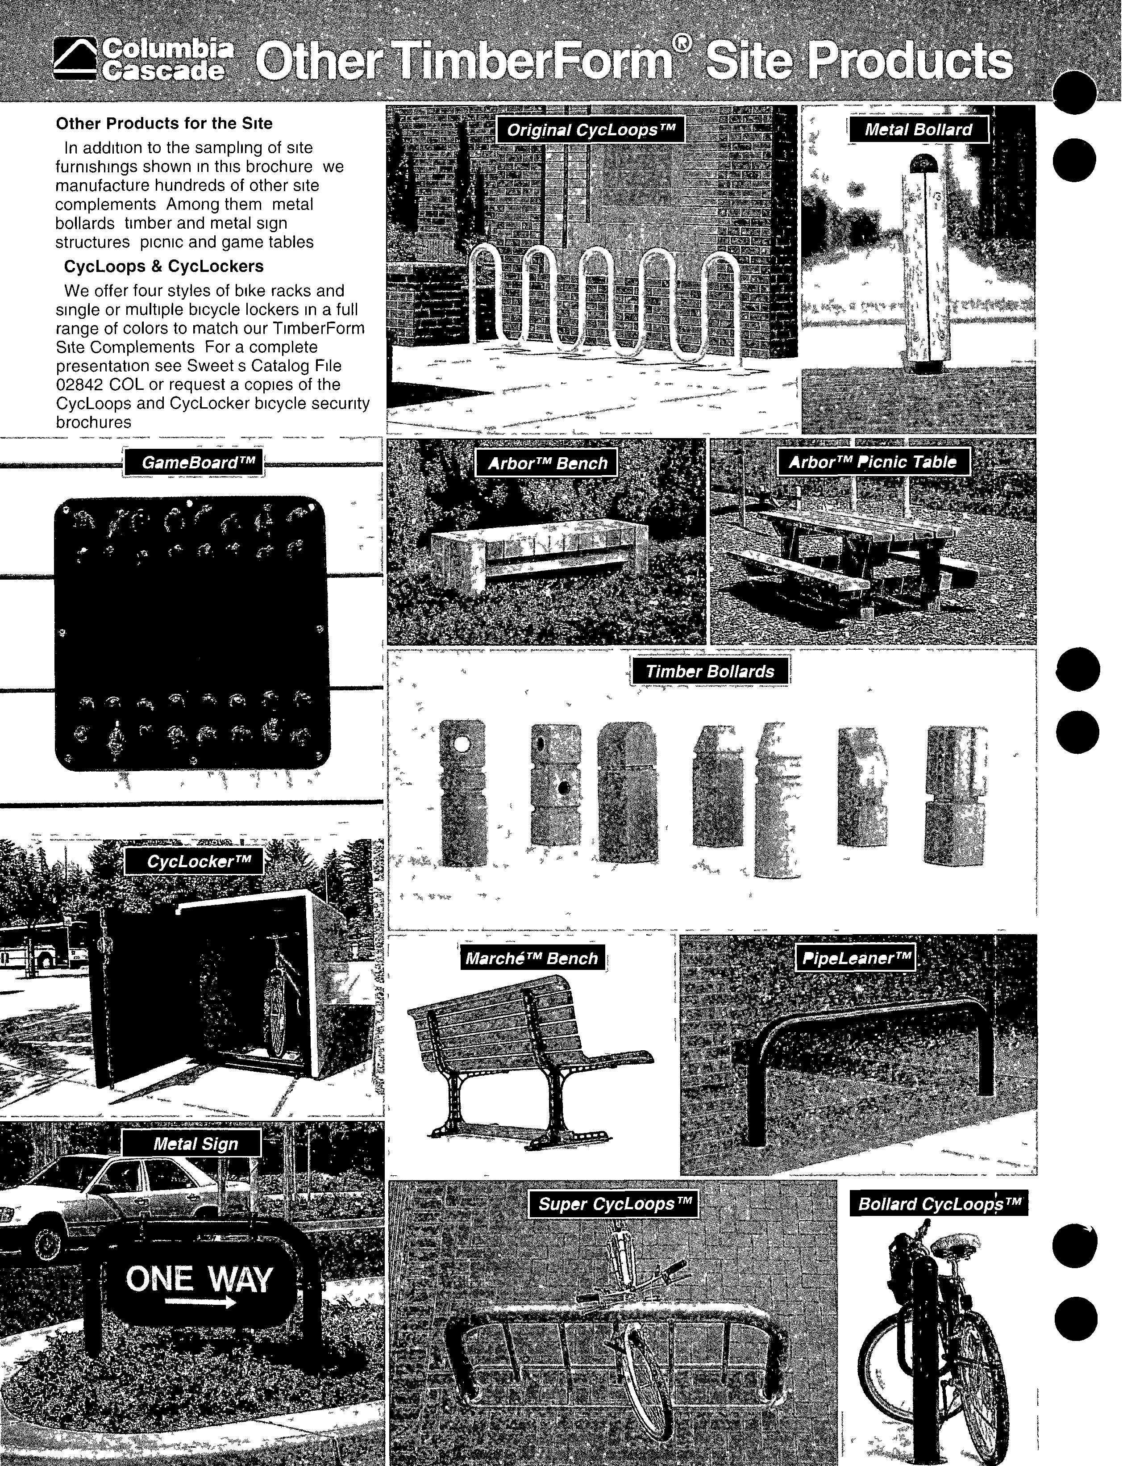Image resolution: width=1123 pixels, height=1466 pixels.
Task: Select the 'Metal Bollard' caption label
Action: point(919,130)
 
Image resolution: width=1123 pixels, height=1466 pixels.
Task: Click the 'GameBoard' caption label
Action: point(194,463)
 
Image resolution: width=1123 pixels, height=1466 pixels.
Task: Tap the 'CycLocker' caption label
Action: point(194,861)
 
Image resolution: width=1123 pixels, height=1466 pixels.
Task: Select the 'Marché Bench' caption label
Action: point(532,958)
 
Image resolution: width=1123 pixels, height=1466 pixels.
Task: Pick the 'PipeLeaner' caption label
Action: point(854,958)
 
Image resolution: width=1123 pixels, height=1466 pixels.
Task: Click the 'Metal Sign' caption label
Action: point(191,1144)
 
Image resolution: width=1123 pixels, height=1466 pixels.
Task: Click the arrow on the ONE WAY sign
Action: point(200,1302)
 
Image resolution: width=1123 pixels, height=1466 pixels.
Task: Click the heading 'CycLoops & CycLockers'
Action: point(164,266)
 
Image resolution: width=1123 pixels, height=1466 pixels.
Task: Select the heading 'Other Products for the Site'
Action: point(164,124)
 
